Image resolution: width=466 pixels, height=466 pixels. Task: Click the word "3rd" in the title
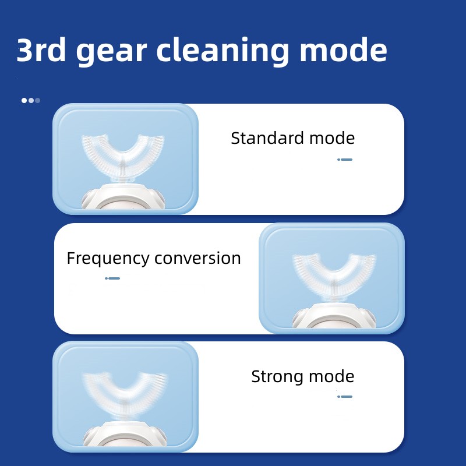coord(41,50)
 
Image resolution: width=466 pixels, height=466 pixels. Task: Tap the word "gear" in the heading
coord(111,52)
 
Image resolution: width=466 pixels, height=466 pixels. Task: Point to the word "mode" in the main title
coord(343,50)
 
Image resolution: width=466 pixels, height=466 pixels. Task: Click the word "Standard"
coord(267,138)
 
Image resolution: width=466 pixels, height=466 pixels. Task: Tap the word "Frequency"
coord(108,259)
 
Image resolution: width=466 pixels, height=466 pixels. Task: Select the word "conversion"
coord(197,258)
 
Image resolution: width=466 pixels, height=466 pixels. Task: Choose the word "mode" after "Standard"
coord(332,138)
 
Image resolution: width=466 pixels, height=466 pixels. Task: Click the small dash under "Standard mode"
coord(345,160)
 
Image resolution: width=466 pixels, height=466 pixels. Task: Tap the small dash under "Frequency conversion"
coord(112,278)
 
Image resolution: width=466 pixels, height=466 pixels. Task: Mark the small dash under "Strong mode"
coord(345,397)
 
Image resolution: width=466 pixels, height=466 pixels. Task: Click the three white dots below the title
coord(31,100)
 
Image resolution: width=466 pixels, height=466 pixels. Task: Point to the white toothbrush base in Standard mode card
coord(123,197)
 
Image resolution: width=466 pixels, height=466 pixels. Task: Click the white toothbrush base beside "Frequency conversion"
coord(334,316)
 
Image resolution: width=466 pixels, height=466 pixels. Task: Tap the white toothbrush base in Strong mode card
coord(125,434)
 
